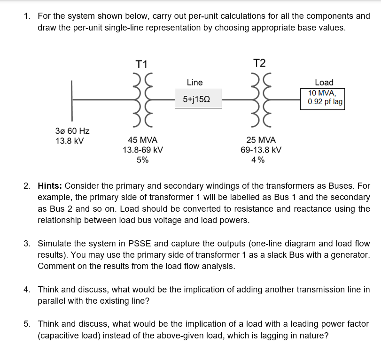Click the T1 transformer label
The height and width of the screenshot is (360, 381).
click(141, 64)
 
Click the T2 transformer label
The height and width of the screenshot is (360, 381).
click(259, 63)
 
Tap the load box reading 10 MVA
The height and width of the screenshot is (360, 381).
click(322, 97)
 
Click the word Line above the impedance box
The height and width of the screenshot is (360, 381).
click(194, 83)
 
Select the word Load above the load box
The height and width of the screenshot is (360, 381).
click(324, 82)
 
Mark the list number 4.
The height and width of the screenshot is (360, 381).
click(27, 290)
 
